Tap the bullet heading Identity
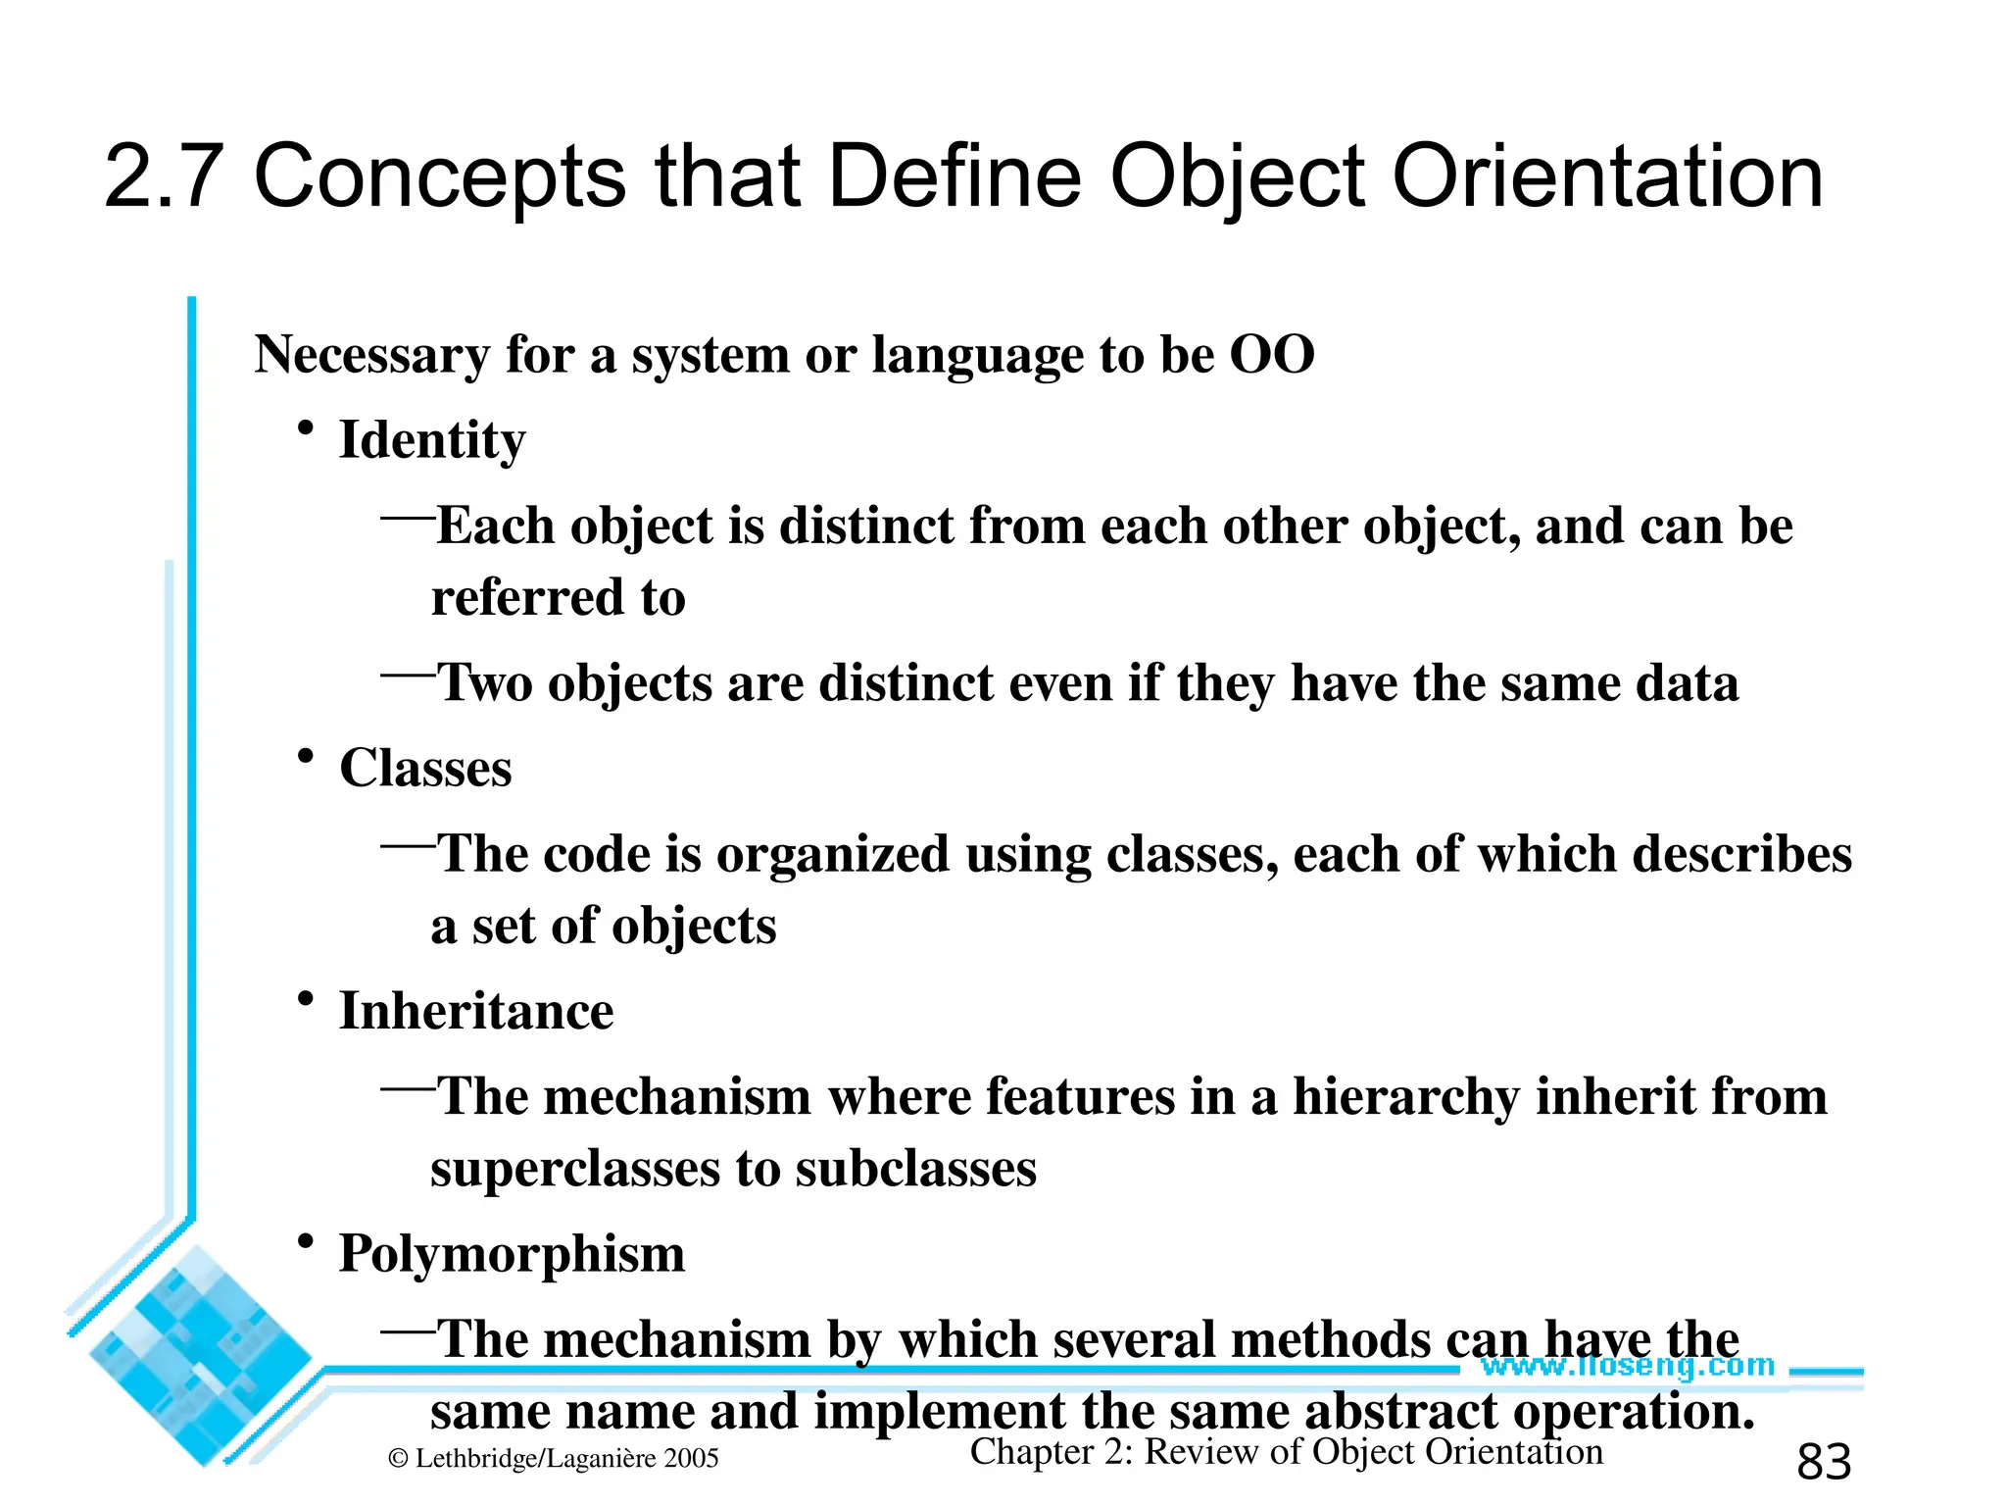432,440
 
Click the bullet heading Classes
425,768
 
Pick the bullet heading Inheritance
476,1011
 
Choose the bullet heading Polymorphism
512,1253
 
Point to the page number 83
1824,1462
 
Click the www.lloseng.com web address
1627,1365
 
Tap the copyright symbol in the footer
397,1459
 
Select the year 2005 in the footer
691,1459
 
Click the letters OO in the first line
1271,354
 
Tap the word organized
833,855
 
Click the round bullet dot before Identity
306,429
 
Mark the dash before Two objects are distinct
408,674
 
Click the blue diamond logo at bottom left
196,1358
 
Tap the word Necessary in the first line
371,354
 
